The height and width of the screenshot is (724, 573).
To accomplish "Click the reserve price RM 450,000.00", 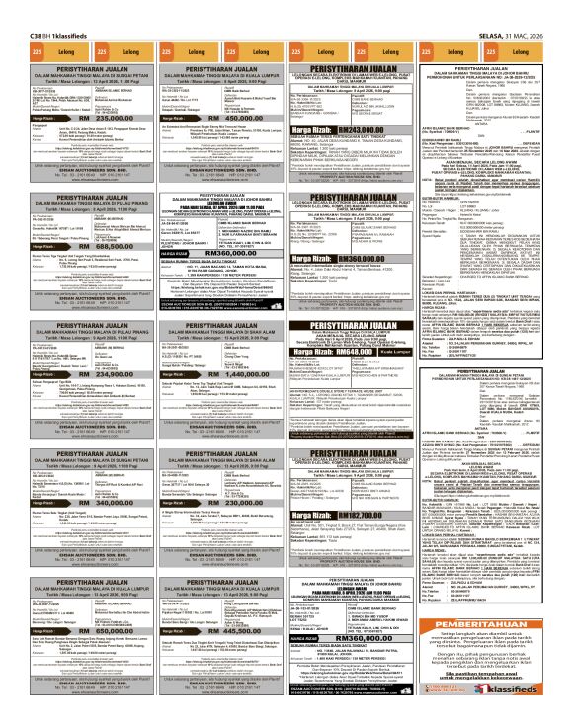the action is pyautogui.click(x=216, y=118).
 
